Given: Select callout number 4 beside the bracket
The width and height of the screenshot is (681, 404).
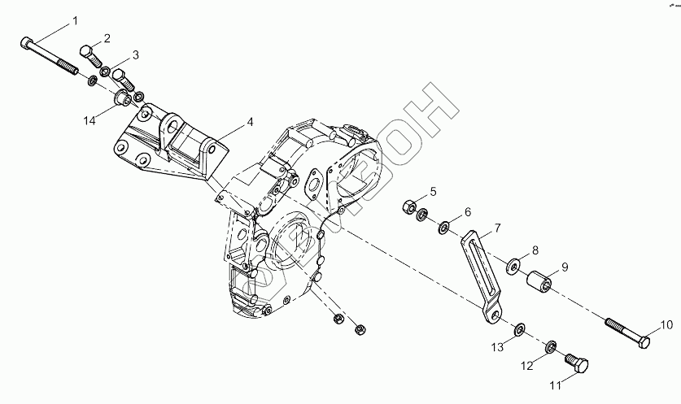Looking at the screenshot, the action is point(250,122).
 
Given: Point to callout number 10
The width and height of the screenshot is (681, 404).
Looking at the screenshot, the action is point(666,325).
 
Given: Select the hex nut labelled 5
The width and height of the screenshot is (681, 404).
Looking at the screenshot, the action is point(410,205).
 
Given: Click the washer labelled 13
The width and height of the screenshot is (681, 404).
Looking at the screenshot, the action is point(518,330).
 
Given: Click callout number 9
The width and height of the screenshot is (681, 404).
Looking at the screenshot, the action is point(564,266).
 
